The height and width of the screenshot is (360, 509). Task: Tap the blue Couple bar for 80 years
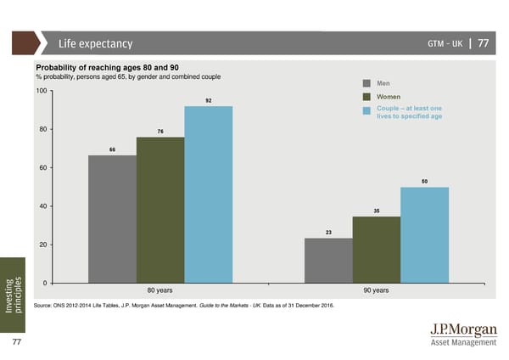[x=208, y=194]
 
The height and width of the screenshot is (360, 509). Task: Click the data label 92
[x=208, y=101]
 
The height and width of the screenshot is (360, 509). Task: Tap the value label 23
[x=328, y=233]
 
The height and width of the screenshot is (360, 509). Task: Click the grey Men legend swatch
[x=367, y=83]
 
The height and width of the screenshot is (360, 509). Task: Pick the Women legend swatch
[x=367, y=97]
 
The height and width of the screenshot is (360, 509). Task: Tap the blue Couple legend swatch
[x=367, y=110]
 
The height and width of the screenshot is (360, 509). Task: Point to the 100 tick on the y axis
[x=41, y=91]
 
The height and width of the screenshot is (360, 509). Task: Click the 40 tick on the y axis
[x=42, y=206]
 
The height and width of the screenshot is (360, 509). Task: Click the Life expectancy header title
[x=95, y=44]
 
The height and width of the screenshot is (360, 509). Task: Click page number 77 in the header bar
[x=483, y=44]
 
